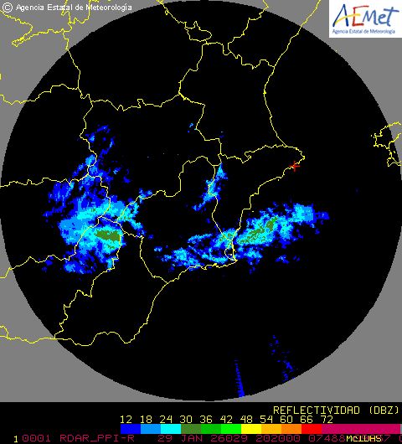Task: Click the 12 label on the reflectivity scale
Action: coord(127,419)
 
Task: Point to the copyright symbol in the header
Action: coord(8,8)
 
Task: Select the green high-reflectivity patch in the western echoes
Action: coord(106,235)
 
